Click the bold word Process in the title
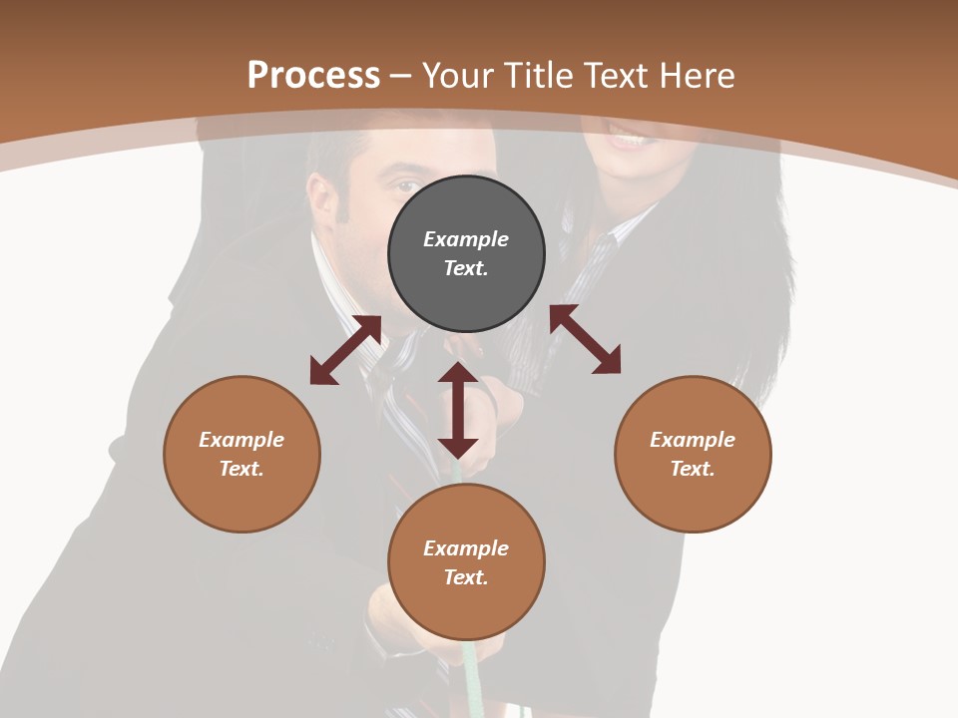point(313,76)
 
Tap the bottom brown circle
point(466,608)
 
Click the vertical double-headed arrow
point(458,410)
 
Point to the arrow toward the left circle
point(345,350)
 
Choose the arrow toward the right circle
point(585,339)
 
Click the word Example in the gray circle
point(466,239)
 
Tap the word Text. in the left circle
point(241,469)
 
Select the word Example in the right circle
point(693,440)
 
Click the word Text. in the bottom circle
point(466,577)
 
